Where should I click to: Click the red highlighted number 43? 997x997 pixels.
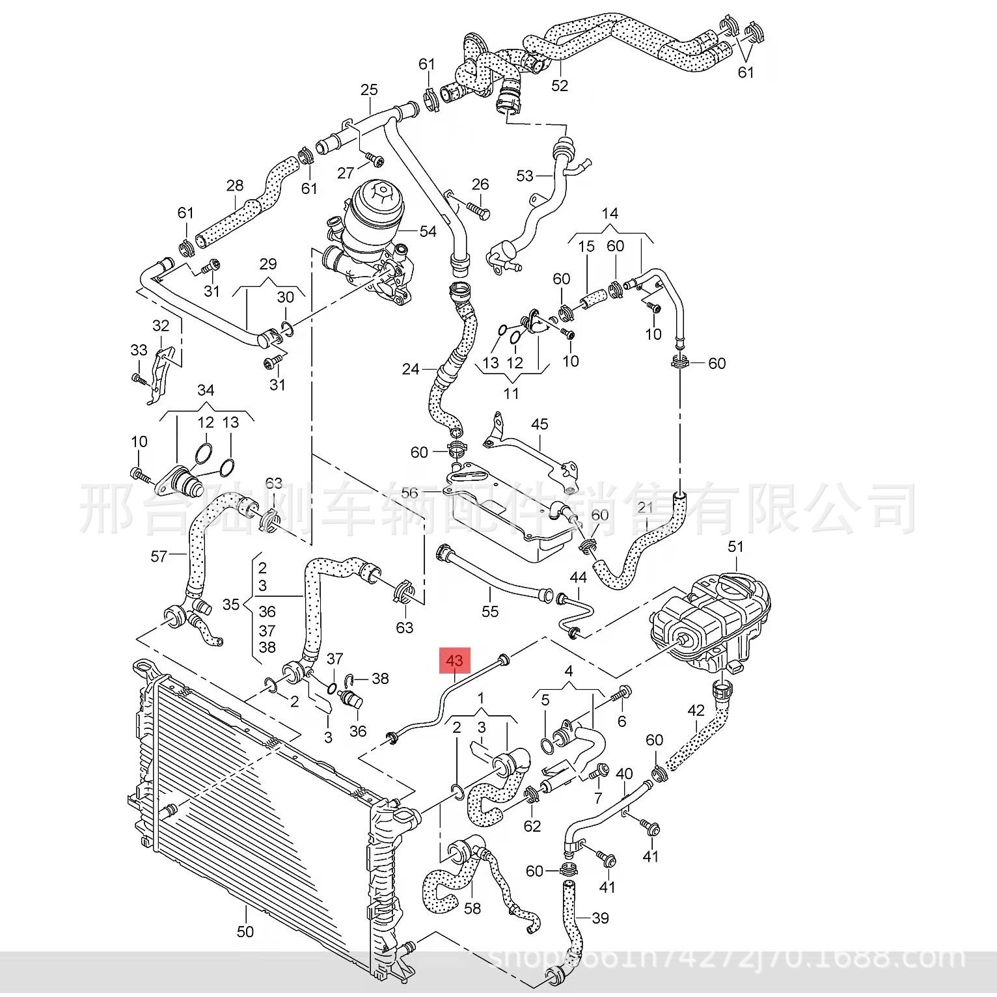[x=454, y=660]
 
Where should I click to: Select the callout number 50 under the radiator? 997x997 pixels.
[x=245, y=931]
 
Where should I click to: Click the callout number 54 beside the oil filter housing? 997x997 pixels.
[x=428, y=231]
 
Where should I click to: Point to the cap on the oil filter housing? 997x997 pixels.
[x=380, y=193]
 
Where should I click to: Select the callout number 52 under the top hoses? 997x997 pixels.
[x=560, y=85]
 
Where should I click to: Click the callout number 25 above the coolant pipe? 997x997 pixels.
[x=369, y=89]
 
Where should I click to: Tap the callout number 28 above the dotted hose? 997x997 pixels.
[x=235, y=185]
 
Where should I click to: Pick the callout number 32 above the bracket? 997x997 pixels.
[x=161, y=325]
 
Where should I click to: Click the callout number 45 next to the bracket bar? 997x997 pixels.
[x=539, y=424]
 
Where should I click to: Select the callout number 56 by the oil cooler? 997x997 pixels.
[x=409, y=493]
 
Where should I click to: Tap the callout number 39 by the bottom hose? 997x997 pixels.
[x=600, y=918]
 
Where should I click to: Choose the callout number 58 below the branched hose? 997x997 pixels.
[x=472, y=907]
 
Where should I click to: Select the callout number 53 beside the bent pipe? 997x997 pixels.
[x=525, y=175]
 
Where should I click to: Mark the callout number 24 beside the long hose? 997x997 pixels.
[x=411, y=369]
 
